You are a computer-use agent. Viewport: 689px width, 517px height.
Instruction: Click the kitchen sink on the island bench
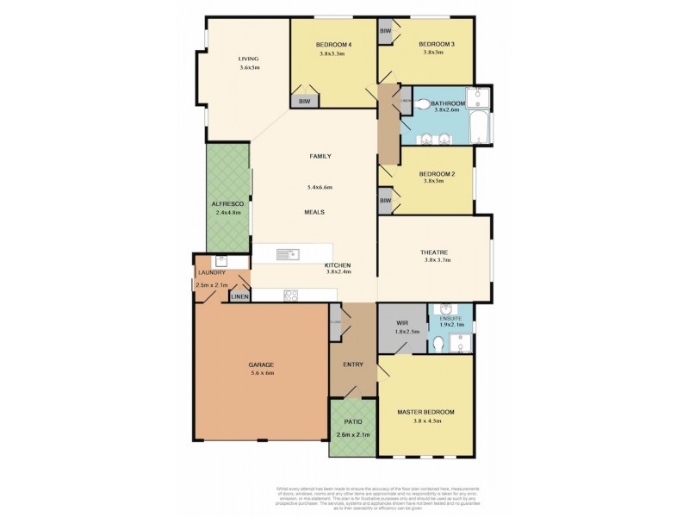pyautogui.click(x=285, y=253)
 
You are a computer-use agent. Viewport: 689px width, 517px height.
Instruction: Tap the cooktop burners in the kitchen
pyautogui.click(x=291, y=295)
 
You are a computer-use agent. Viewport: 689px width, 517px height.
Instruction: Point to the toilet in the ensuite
pyautogui.click(x=440, y=344)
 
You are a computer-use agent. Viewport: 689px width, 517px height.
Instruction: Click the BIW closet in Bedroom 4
pyautogui.click(x=304, y=102)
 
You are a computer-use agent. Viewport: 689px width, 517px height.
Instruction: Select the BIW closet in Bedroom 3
pyautogui.click(x=385, y=30)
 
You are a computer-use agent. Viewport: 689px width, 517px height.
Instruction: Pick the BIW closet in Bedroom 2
pyautogui.click(x=385, y=201)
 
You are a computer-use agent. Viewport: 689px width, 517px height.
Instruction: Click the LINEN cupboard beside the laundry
pyautogui.click(x=239, y=296)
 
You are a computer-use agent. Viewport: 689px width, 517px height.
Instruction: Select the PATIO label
pyautogui.click(x=351, y=422)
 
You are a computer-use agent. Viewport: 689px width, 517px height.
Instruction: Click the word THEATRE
pyautogui.click(x=435, y=252)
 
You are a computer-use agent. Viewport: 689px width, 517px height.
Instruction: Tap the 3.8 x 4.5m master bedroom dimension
pyautogui.click(x=425, y=422)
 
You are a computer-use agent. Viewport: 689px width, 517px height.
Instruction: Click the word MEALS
pyautogui.click(x=313, y=211)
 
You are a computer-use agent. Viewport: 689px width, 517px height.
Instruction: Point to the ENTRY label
pyautogui.click(x=353, y=364)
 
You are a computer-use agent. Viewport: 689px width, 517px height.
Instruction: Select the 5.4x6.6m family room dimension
pyautogui.click(x=320, y=187)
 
